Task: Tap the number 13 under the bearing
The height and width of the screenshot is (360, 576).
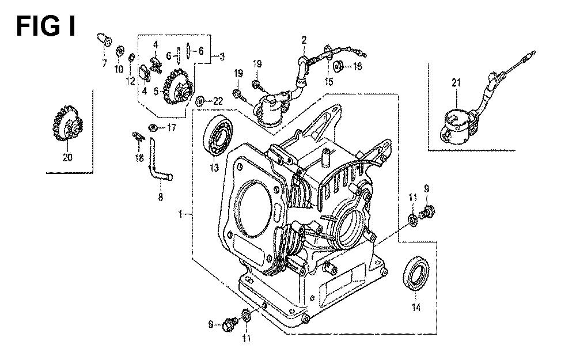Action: click(x=214, y=168)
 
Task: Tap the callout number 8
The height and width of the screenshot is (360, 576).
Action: click(x=160, y=197)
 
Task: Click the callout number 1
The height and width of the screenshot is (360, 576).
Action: click(x=181, y=214)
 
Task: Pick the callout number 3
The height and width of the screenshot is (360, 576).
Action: click(x=222, y=56)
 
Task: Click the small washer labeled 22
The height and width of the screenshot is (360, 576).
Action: click(x=200, y=101)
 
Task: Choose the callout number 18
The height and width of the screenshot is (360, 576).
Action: click(x=139, y=158)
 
